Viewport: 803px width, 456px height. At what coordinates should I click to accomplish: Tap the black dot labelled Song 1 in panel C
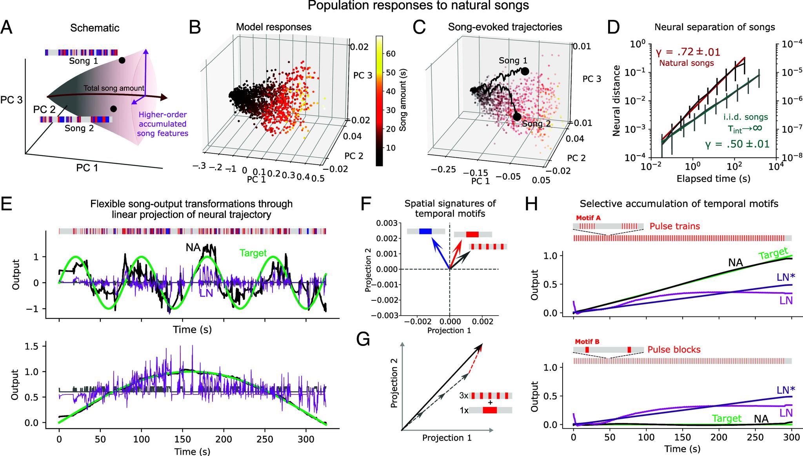(525, 71)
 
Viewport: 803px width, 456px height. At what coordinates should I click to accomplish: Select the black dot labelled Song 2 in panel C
(517, 116)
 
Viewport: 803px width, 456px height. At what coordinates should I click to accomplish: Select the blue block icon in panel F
(425, 232)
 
